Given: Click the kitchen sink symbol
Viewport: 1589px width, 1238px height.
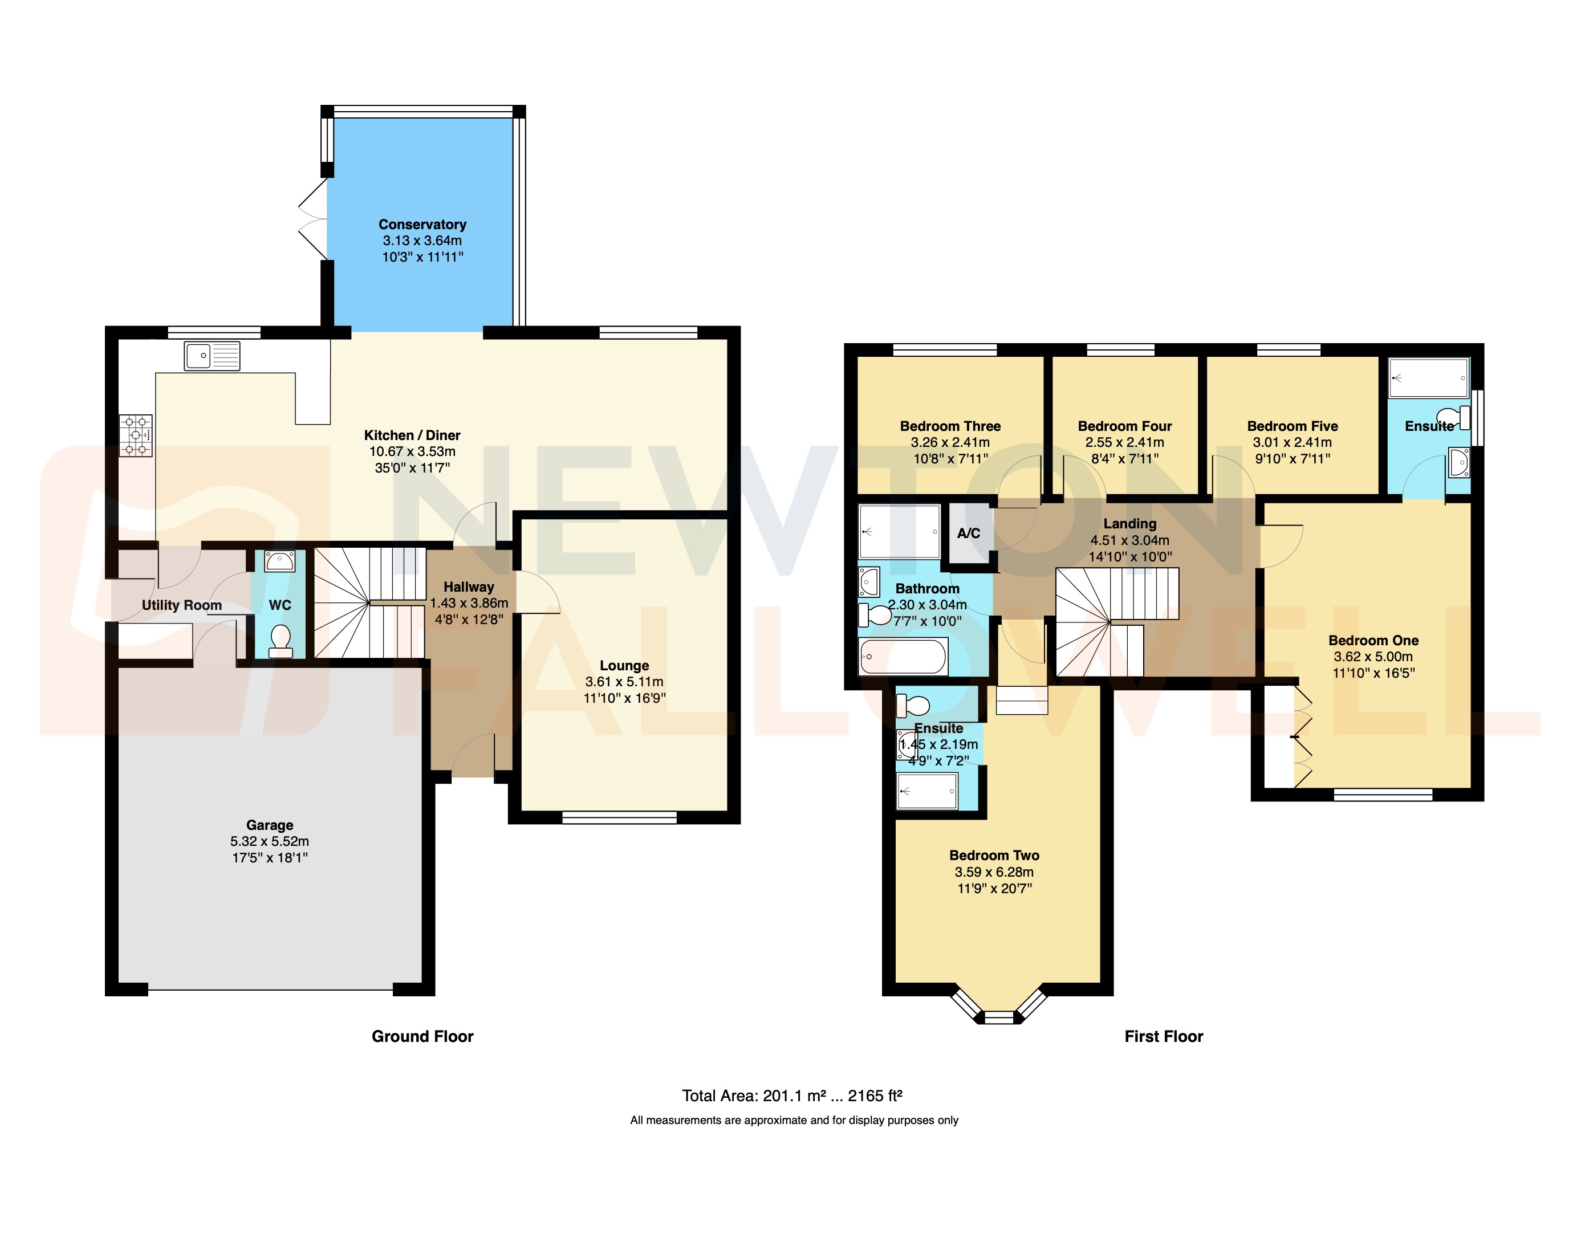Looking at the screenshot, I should pyautogui.click(x=212, y=356).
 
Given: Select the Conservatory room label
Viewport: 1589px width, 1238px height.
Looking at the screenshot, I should pyautogui.click(x=422, y=224).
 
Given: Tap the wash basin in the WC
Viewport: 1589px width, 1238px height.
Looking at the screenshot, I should pyautogui.click(x=279, y=561).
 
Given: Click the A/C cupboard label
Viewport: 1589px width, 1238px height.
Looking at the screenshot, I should pyautogui.click(x=968, y=533).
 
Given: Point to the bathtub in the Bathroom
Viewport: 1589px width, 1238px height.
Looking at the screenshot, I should pyautogui.click(x=903, y=657).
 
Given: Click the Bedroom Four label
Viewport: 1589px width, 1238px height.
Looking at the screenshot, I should pyautogui.click(x=1124, y=426).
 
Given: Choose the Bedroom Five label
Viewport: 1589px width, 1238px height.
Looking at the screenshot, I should pyautogui.click(x=1292, y=426).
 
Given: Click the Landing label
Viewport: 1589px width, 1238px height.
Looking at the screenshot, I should pyautogui.click(x=1129, y=523).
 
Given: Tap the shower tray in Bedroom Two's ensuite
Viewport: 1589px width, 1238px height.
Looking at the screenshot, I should pyautogui.click(x=927, y=791).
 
